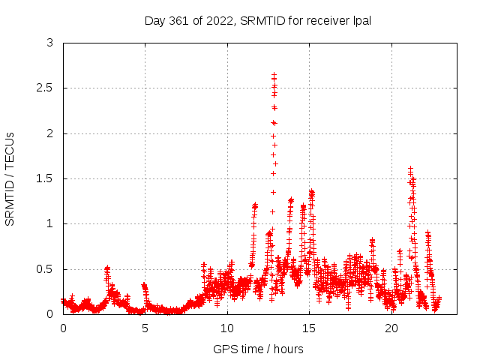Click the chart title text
[257, 20]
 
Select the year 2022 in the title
[218, 20]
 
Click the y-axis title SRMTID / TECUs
[10, 178]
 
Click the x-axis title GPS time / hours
[258, 349]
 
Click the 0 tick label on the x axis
[63, 328]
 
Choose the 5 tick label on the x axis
[145, 328]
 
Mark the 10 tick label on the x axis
[227, 328]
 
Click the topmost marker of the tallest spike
[274, 74]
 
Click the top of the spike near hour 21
[410, 169]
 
